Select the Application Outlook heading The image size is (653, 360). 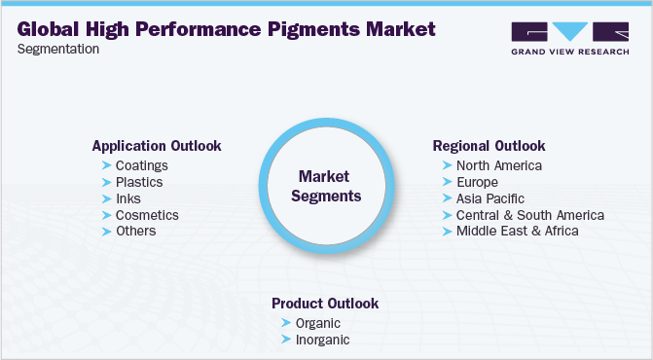coord(157,146)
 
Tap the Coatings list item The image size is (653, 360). coord(142,165)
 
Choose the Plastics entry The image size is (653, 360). coord(139,182)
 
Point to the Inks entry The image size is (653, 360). coord(128,198)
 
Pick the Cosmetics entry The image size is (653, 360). coord(147,215)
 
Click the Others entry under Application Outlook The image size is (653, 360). coord(136,231)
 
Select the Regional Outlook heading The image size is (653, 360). coord(489,146)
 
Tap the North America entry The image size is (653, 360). coord(499,165)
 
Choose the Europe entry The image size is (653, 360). coord(477,182)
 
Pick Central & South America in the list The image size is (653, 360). coord(530,215)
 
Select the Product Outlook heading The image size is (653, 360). coord(325,304)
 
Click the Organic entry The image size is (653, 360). coord(319,323)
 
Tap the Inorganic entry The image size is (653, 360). coord(323,340)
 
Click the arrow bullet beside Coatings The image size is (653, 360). coord(106,165)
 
